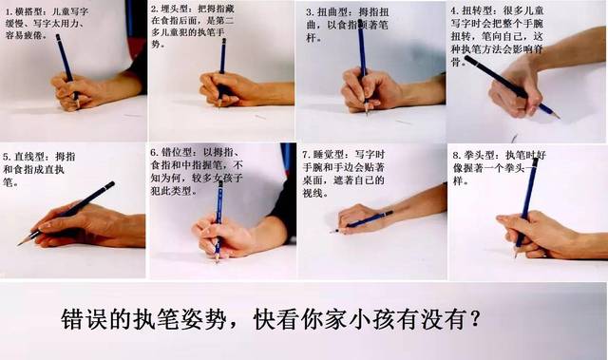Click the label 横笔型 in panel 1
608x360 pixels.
click(29, 10)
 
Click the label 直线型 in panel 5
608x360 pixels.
click(28, 155)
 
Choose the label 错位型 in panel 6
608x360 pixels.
click(178, 153)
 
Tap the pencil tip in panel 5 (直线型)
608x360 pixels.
click(20, 243)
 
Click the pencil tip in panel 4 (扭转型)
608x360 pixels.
click(557, 117)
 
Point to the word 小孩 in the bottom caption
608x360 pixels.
click(382, 317)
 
